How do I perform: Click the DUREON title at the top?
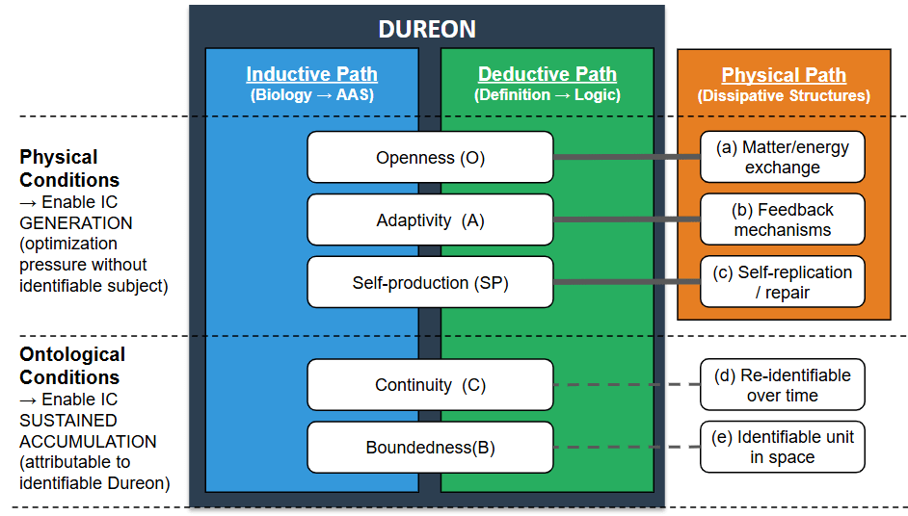click(427, 29)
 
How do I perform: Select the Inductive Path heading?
click(311, 74)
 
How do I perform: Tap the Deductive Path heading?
click(547, 74)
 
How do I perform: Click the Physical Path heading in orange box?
click(784, 75)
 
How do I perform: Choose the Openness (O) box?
click(430, 158)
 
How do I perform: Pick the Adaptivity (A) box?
click(430, 220)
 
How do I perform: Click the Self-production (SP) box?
click(430, 283)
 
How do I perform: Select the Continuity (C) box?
click(430, 385)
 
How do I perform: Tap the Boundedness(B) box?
click(430, 448)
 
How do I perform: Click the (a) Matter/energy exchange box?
click(782, 157)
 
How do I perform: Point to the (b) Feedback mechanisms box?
click(782, 219)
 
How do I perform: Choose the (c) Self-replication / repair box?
click(782, 282)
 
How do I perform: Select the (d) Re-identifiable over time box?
click(782, 385)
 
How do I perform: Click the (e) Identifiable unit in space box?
click(782, 447)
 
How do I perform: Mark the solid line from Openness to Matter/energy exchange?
click(627, 157)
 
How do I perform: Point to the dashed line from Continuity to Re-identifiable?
click(627, 384)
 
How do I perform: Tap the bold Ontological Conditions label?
click(72, 366)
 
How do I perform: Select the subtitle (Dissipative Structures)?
click(784, 96)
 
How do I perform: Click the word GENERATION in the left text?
click(76, 222)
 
